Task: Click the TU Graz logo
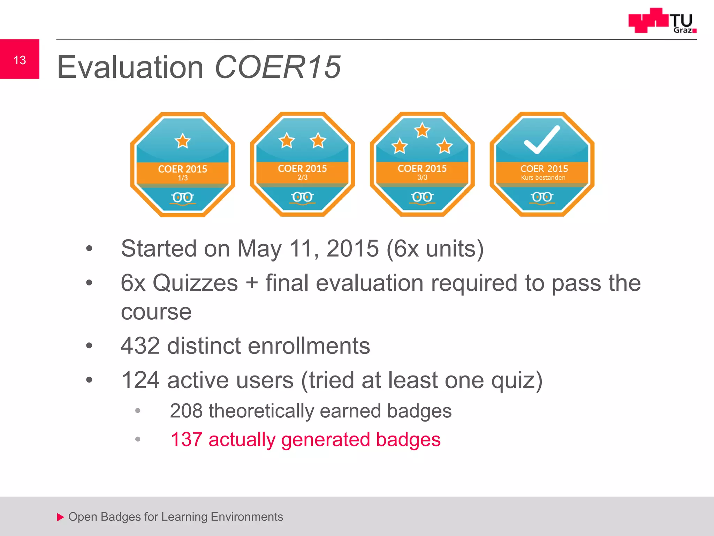click(x=662, y=21)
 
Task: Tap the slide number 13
click(x=20, y=60)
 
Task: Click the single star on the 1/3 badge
click(x=183, y=141)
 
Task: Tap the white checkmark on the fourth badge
click(x=542, y=140)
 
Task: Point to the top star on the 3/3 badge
click(x=422, y=131)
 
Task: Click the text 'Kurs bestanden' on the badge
click(x=543, y=178)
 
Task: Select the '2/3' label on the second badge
click(x=302, y=178)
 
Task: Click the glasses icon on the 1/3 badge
click(x=183, y=198)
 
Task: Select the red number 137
click(x=187, y=439)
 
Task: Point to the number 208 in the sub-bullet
click(x=186, y=411)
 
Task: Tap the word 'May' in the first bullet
click(x=259, y=249)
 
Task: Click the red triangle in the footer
click(x=61, y=517)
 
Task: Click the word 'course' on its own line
click(x=156, y=312)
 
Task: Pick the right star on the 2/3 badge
click(x=318, y=141)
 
